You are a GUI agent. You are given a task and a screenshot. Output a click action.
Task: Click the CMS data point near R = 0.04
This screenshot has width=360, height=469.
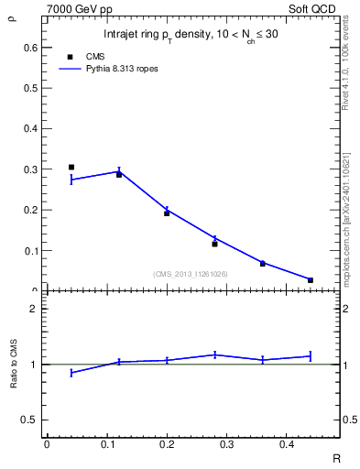(x=71, y=168)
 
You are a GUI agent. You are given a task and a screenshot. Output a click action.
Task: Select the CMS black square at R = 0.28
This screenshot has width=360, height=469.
(x=214, y=244)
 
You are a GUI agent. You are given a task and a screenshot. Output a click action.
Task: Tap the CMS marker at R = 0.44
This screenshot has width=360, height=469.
(x=311, y=280)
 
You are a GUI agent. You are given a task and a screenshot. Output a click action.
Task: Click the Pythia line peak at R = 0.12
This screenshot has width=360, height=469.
(x=119, y=171)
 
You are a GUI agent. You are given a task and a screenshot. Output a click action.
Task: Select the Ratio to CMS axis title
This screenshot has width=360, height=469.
(x=13, y=365)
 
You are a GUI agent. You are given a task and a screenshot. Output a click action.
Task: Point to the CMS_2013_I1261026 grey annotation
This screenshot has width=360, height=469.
(x=190, y=274)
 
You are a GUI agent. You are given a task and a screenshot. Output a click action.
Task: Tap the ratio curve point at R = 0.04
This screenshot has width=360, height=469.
(x=71, y=373)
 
